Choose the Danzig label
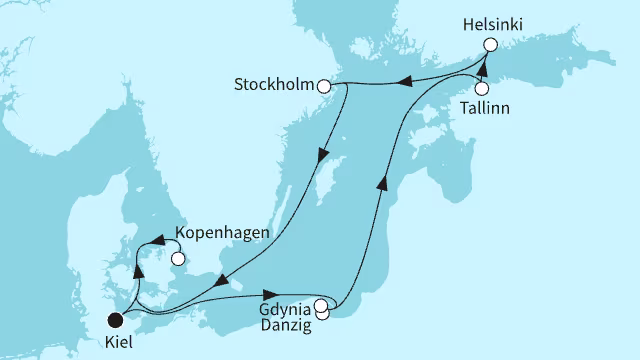point(287,324)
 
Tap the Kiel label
point(117,342)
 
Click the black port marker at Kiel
point(116,320)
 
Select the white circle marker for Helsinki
point(490,44)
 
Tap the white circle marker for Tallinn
point(482,88)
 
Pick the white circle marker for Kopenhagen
point(178,259)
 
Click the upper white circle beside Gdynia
point(319,306)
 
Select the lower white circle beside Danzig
point(322,314)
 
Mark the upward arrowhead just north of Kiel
point(138,270)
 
